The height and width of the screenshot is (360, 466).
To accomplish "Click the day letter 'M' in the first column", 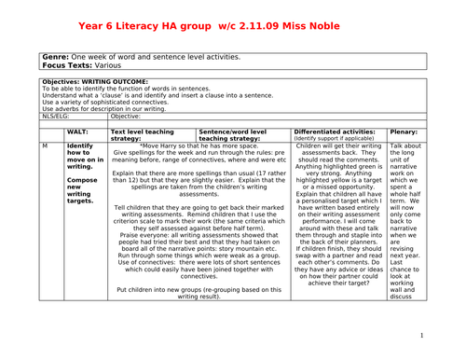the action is click(x=46, y=146).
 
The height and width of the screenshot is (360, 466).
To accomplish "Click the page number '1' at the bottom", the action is click(x=421, y=337).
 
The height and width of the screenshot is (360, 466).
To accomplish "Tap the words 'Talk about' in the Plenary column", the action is click(x=405, y=146).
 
